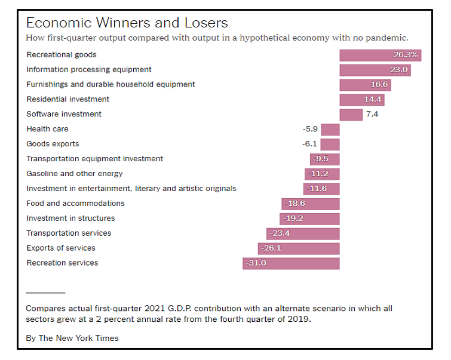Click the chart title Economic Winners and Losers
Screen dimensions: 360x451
pyautogui.click(x=127, y=23)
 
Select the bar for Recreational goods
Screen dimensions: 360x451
pyautogui.click(x=380, y=55)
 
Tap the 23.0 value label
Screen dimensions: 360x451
pyautogui.click(x=399, y=70)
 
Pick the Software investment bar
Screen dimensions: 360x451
pyautogui.click(x=351, y=114)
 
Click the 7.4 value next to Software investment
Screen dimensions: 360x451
pyautogui.click(x=372, y=114)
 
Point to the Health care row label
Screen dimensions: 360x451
pyautogui.click(x=47, y=129)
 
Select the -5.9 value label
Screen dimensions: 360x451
pyautogui.click(x=311, y=129)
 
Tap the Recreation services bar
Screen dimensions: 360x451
pyautogui.click(x=291, y=263)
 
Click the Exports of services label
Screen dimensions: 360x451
pyautogui.click(x=60, y=248)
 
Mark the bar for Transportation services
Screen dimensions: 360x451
pyautogui.click(x=303, y=233)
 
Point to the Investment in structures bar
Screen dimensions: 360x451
pyautogui.click(x=309, y=219)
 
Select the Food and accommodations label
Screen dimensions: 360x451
pyautogui.click(x=75, y=204)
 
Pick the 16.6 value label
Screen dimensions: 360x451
pyautogui.click(x=379, y=85)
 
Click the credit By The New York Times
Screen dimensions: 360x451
pyautogui.click(x=72, y=338)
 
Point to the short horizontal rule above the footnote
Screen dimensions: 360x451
pyautogui.click(x=45, y=293)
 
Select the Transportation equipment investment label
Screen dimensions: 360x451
pyautogui.click(x=94, y=159)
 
